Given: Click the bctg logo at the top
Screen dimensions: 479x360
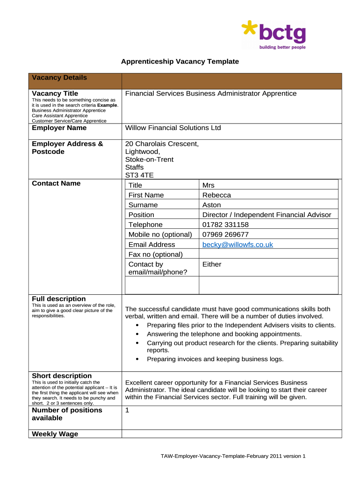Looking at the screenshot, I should [274, 35].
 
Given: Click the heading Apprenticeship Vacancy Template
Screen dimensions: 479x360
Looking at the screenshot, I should [180, 61].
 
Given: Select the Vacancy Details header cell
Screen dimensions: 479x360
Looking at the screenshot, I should [59, 78].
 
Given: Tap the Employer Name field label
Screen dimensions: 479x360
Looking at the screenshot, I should [59, 128].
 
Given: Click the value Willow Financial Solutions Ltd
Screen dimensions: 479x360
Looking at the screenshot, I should [173, 128].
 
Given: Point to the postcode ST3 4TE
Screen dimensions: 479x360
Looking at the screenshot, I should [139, 175].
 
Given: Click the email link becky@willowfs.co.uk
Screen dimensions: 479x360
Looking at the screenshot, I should [238, 245].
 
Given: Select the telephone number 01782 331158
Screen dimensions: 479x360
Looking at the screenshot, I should [225, 225].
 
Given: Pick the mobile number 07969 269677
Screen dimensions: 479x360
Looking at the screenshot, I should [225, 234].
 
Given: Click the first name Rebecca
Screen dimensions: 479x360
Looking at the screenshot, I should [216, 195].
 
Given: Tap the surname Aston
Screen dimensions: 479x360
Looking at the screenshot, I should [212, 205].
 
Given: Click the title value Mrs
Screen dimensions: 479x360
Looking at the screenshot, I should [209, 185].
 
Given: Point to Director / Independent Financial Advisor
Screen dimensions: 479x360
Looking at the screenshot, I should [266, 215].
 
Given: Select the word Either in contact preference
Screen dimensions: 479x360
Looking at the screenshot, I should [212, 264].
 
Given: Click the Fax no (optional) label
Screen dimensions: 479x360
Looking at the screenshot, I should [155, 254].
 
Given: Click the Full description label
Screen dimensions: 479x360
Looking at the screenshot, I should [59, 299].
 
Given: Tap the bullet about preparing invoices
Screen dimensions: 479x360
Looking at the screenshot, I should [215, 359].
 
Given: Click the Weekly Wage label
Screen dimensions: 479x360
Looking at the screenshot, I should [55, 434].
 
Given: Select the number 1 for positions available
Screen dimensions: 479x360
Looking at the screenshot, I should [128, 410].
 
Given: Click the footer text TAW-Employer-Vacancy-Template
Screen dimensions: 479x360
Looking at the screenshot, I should [233, 456].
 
